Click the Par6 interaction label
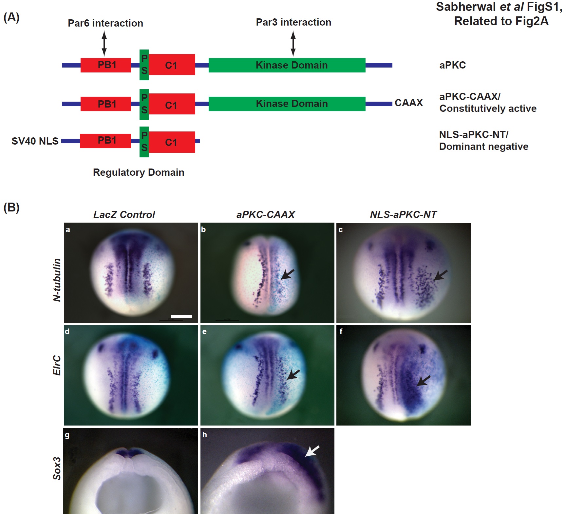point(105,23)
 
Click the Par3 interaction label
point(293,22)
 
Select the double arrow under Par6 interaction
point(104,43)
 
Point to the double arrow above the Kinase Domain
point(293,43)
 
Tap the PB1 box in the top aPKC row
point(106,65)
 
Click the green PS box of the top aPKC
point(144,65)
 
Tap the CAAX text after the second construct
point(408,103)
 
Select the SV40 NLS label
point(35,141)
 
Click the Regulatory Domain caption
point(139,172)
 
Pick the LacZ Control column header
point(124,214)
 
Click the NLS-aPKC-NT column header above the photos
point(403,214)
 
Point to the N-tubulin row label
point(57,280)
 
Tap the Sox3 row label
point(57,468)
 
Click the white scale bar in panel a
point(181,316)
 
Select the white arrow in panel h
point(312,451)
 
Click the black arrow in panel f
point(424,381)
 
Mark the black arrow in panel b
point(288,274)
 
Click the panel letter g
point(67,435)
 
